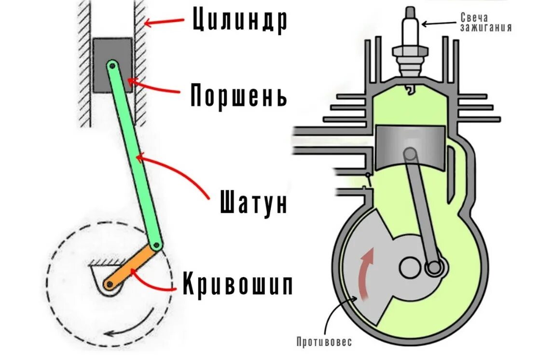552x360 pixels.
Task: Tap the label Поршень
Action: [238, 96]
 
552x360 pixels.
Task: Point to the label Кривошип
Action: [238, 285]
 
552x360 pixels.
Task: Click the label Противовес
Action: [324, 342]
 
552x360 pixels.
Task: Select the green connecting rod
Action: [134, 154]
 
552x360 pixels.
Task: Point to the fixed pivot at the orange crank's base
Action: [110, 285]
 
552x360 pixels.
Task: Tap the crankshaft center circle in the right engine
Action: [411, 267]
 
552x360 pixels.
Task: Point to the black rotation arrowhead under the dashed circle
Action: [110, 332]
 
